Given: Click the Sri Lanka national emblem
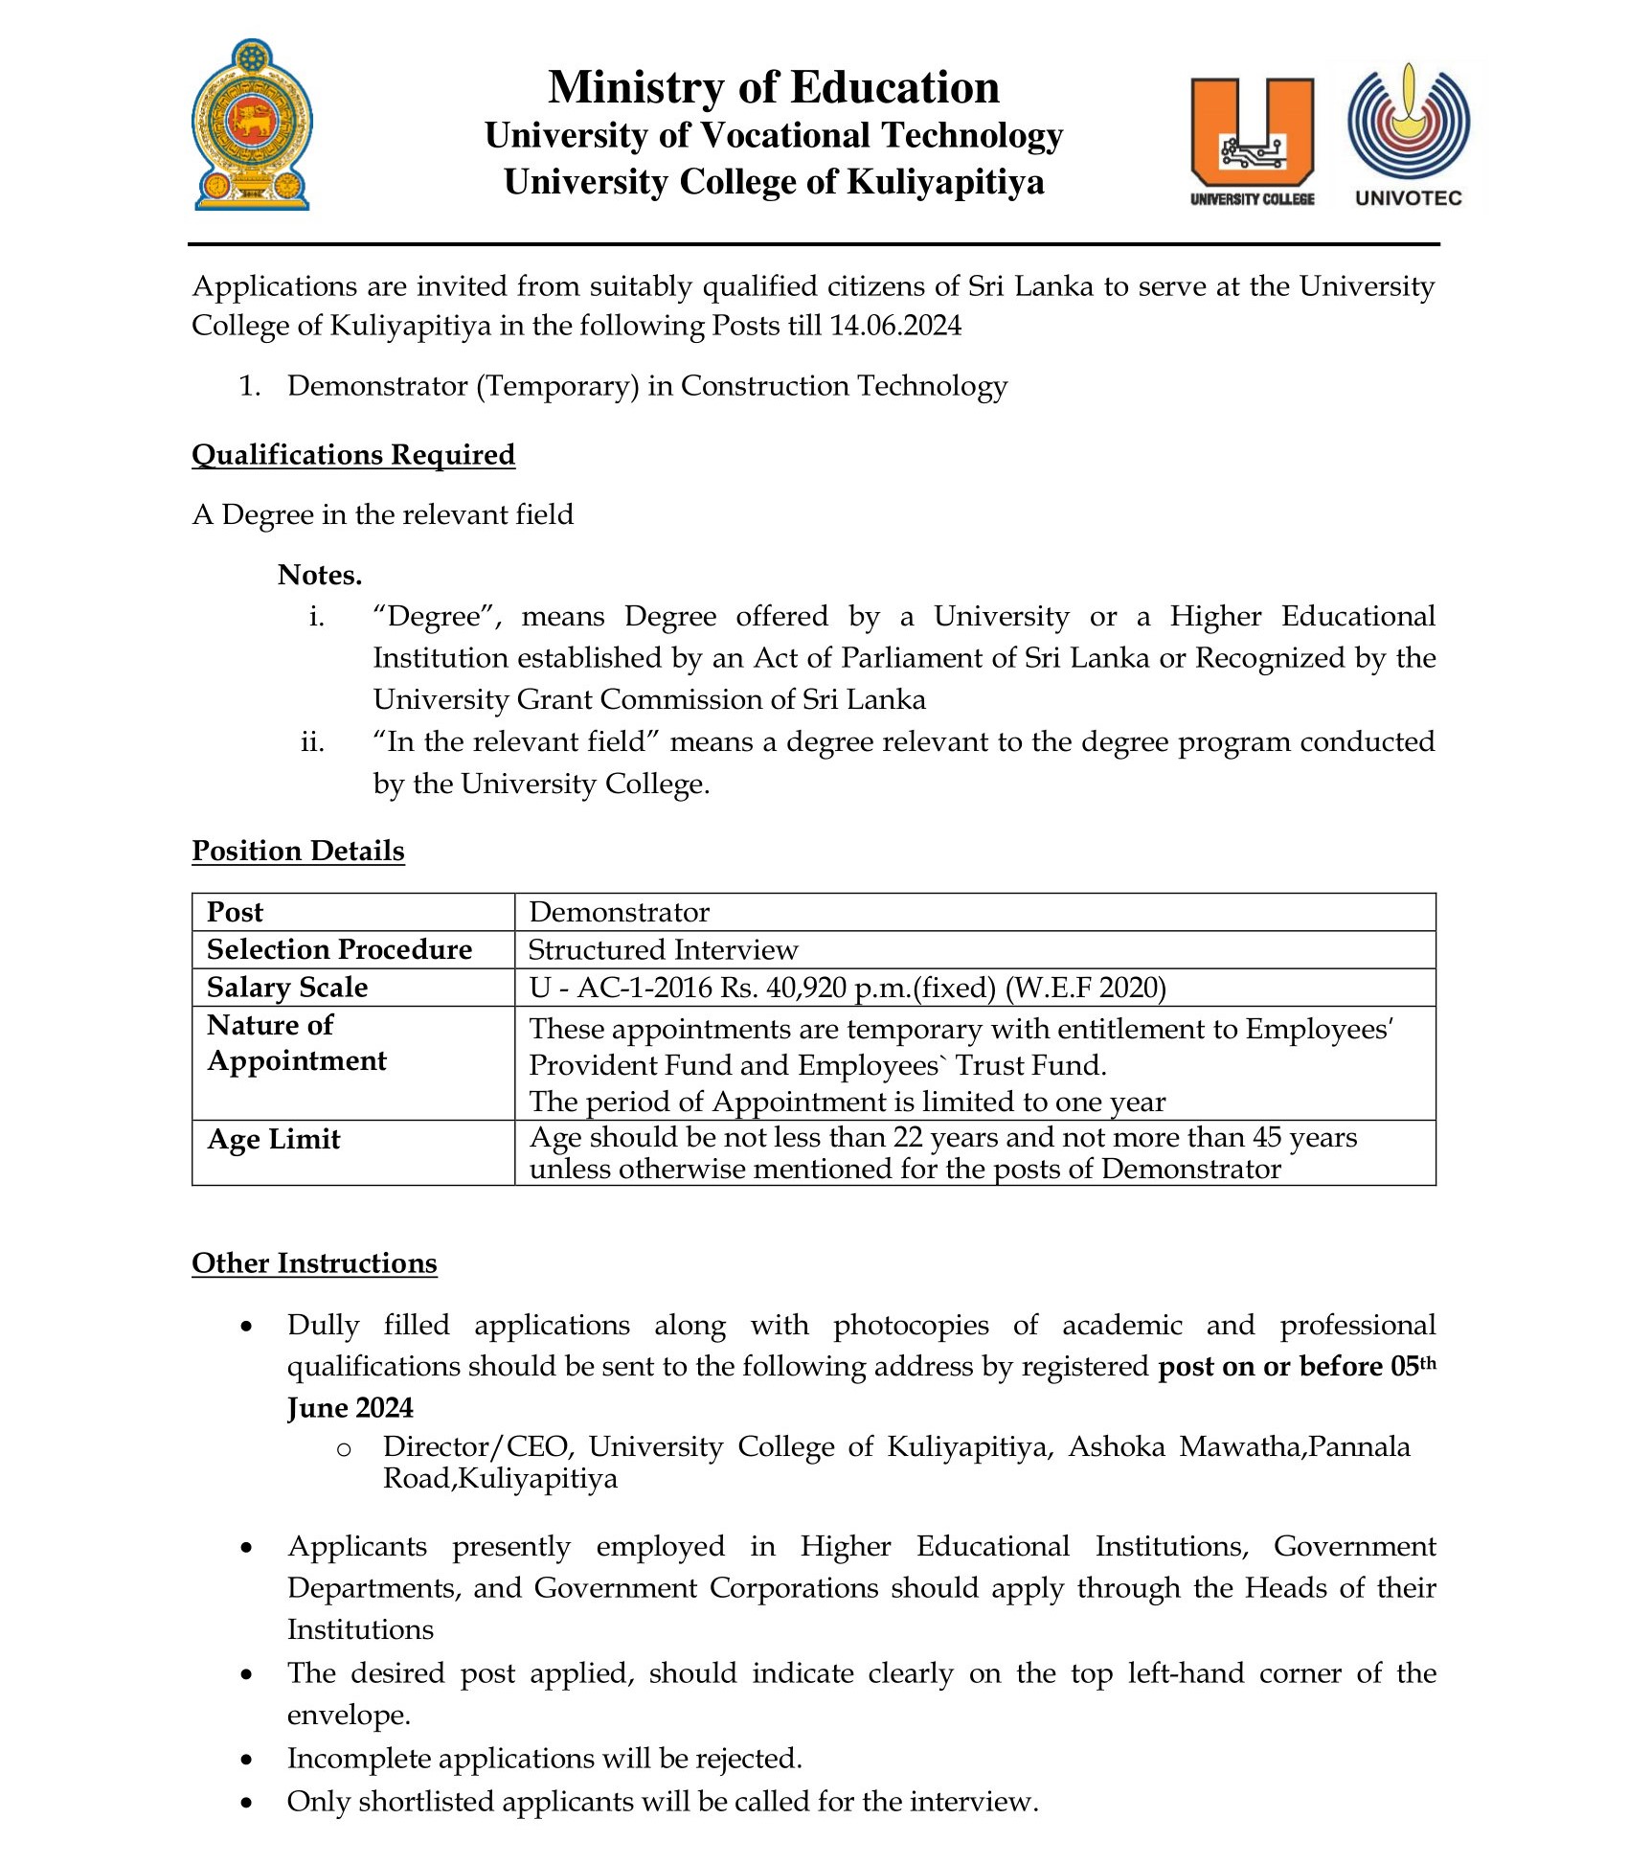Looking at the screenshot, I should coord(252,125).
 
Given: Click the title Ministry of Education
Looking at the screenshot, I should coord(774,87).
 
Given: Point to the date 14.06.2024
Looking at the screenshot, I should coord(895,326).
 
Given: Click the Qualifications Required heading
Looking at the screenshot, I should coord(353,454).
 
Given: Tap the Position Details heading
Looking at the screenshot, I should coord(298,851).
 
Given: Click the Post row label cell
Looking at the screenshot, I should coord(235,912).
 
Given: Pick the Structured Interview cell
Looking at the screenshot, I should coord(663,949).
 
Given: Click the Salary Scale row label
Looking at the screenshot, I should coord(287,987).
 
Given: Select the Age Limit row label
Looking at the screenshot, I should coord(274,1139).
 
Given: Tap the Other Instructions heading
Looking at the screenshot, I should coord(314,1263).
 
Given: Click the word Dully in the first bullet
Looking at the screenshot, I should coord(323,1325).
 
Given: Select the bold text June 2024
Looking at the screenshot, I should coord(350,1407).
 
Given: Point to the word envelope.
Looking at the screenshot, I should coord(349,1715).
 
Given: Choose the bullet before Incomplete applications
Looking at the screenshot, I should coord(247,1759).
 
